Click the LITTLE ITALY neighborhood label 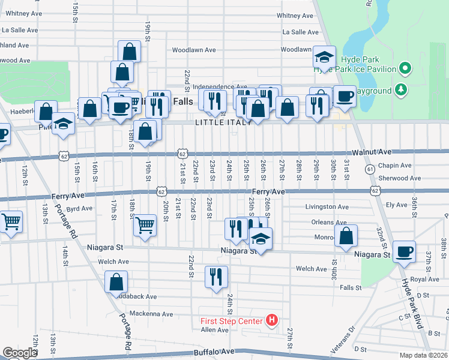[x=219, y=122]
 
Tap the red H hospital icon [x=272, y=320]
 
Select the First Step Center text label [x=231, y=320]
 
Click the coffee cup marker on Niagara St [x=405, y=251]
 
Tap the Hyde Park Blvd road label [x=412, y=303]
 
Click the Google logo [x=20, y=353]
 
